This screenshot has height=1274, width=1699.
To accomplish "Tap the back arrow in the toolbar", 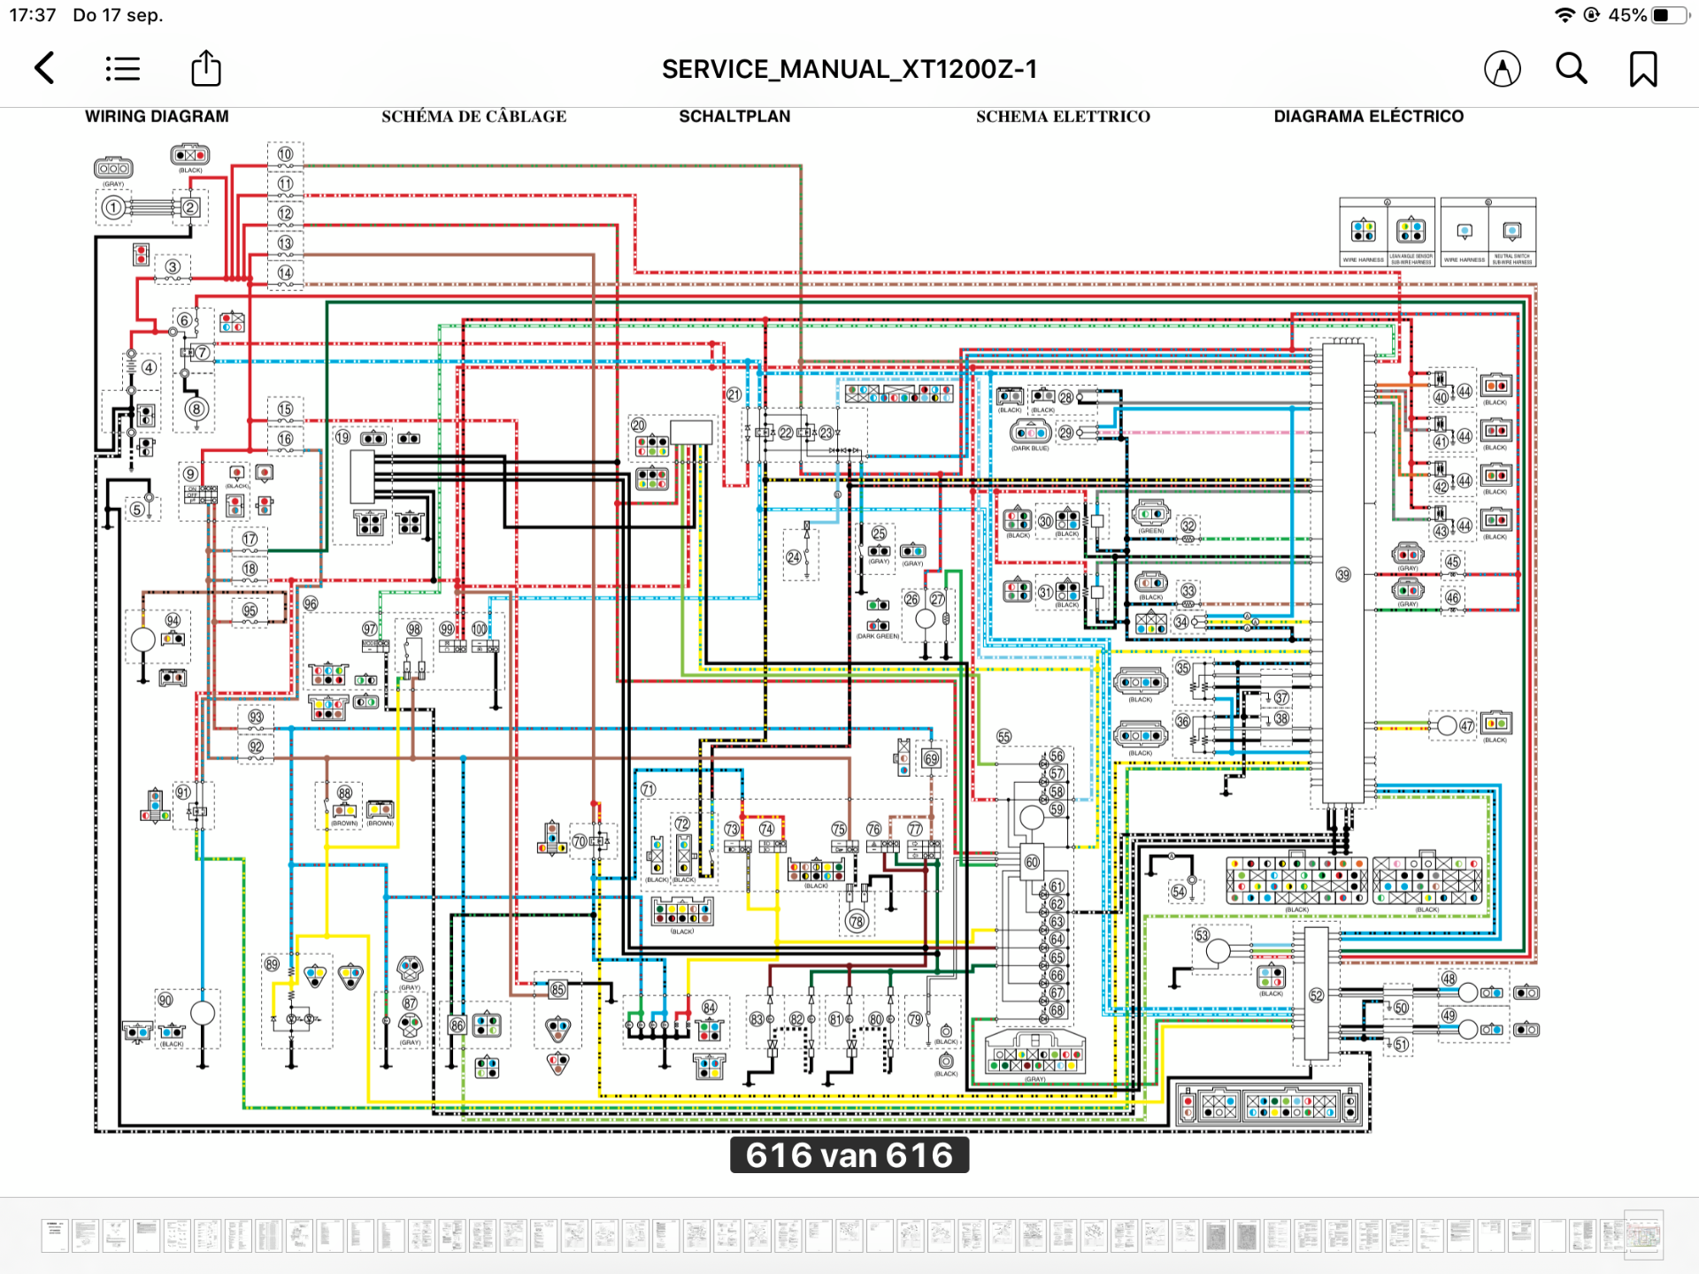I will [44, 68].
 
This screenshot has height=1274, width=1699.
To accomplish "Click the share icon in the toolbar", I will [206, 68].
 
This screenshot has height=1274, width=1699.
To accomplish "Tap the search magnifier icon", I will [1572, 68].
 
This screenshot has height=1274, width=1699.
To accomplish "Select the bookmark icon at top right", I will [1643, 68].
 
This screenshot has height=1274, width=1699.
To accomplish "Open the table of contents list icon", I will [123, 68].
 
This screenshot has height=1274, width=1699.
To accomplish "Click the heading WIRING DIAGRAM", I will [157, 116].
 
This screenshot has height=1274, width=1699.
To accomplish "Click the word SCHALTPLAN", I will [734, 116].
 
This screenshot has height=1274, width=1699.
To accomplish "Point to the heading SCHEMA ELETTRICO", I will [1063, 116].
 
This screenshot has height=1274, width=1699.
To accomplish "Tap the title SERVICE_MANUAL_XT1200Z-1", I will [849, 69].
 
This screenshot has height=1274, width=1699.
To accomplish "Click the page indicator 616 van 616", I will [849, 1155].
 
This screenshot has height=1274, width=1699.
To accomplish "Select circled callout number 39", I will [1343, 575].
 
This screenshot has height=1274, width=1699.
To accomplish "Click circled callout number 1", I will [113, 208].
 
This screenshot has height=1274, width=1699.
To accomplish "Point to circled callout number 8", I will [196, 409].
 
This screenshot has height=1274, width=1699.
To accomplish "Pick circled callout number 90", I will [165, 1000].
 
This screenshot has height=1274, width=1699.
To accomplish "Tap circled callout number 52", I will [1317, 995].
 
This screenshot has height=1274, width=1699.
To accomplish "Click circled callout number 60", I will [1032, 862].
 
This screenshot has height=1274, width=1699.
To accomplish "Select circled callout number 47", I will [1467, 726].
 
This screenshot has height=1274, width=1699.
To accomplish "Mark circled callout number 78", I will [857, 922].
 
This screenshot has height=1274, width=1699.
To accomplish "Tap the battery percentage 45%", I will [1627, 15].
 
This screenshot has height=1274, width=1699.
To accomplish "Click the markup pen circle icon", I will [1503, 68].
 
